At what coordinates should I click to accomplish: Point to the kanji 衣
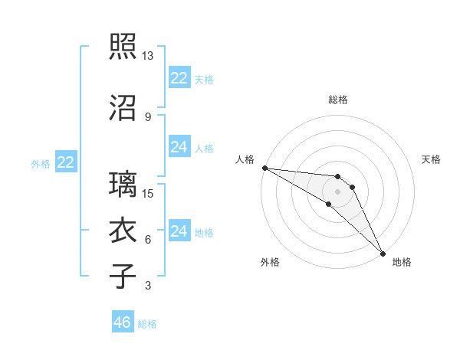pos(123,231)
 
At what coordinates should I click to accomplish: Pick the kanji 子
pos(123,277)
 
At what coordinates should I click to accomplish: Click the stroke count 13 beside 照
pos(148,57)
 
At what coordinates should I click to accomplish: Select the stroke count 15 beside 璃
pos(148,194)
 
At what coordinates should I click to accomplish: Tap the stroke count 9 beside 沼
pos(147,117)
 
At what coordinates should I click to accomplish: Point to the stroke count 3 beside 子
pos(147,286)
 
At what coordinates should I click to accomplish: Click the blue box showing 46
pos(123,322)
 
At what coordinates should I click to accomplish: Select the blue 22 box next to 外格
pos(66,162)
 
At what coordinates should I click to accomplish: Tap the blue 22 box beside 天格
pos(179,78)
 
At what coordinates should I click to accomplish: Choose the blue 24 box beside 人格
pos(179,147)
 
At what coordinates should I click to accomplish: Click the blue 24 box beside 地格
pos(179,231)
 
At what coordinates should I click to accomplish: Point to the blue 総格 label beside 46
pos(147,324)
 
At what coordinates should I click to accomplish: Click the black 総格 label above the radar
pos(337,100)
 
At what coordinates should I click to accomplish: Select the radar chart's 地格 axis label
pos(402,262)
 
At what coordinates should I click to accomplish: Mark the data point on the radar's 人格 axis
pos(264,168)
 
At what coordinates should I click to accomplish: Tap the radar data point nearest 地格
pos(383,254)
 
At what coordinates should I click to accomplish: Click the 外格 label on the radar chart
pos(270,262)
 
